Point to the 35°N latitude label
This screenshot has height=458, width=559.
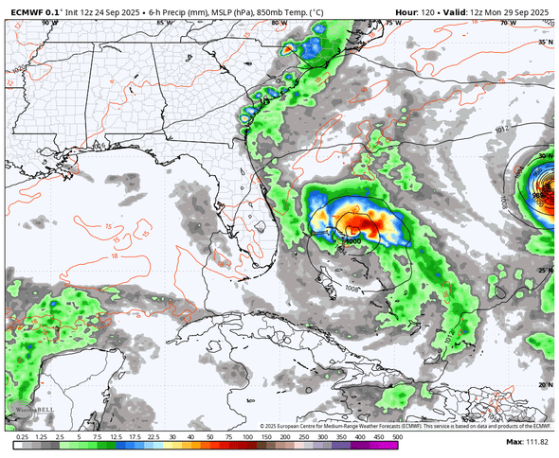click(x=543, y=43)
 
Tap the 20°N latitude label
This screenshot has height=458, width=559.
click(x=543, y=384)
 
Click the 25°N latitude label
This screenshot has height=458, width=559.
click(x=543, y=271)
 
